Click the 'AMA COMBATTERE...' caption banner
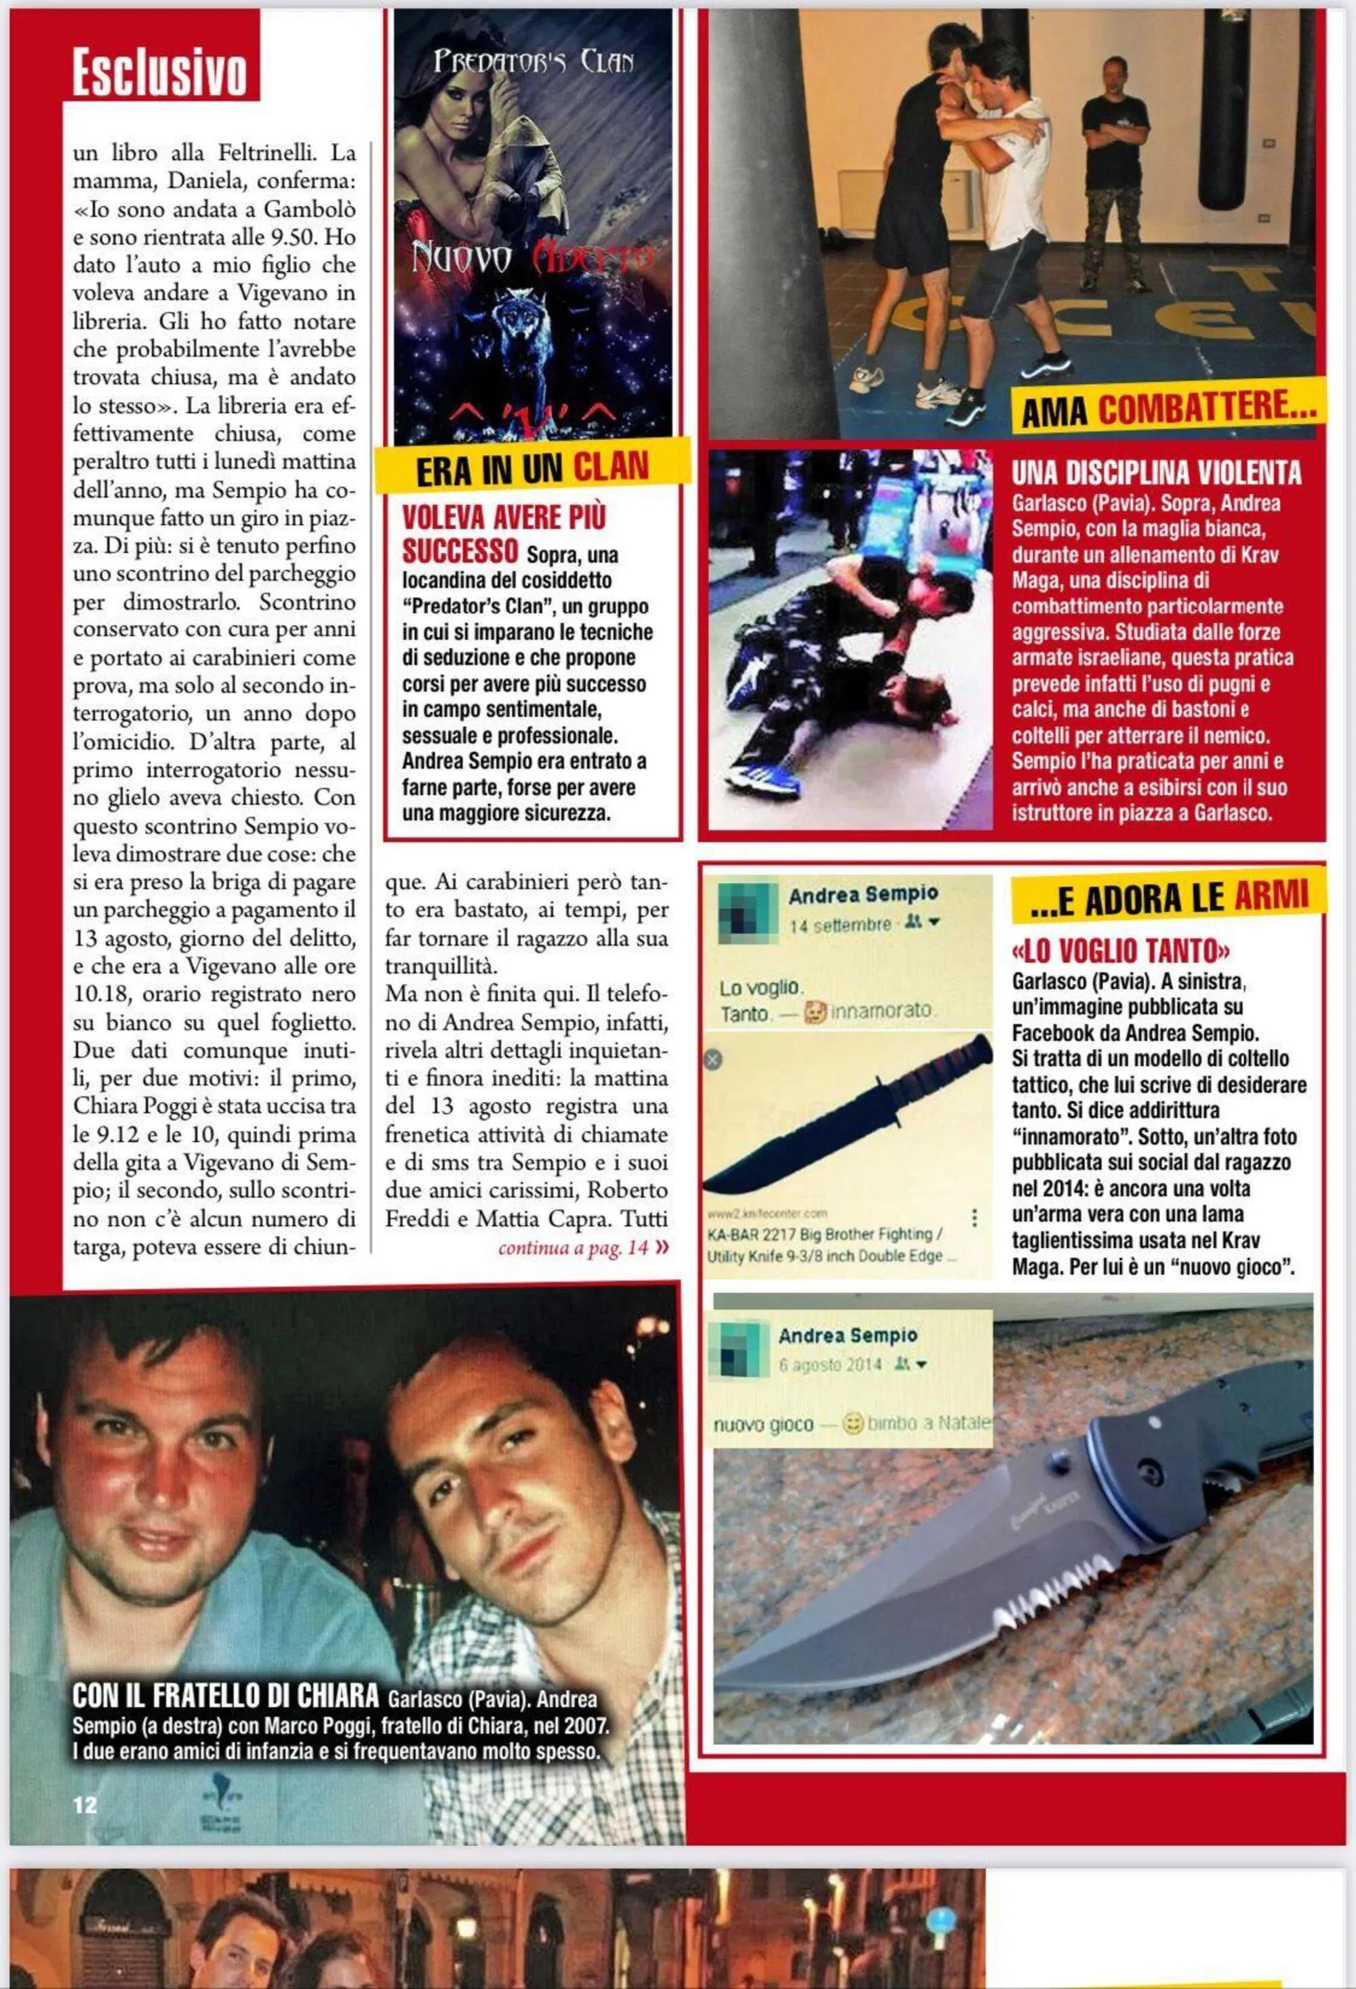click(x=1168, y=407)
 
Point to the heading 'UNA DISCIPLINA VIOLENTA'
click(x=1156, y=472)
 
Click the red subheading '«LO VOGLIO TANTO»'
click(x=1121, y=950)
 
